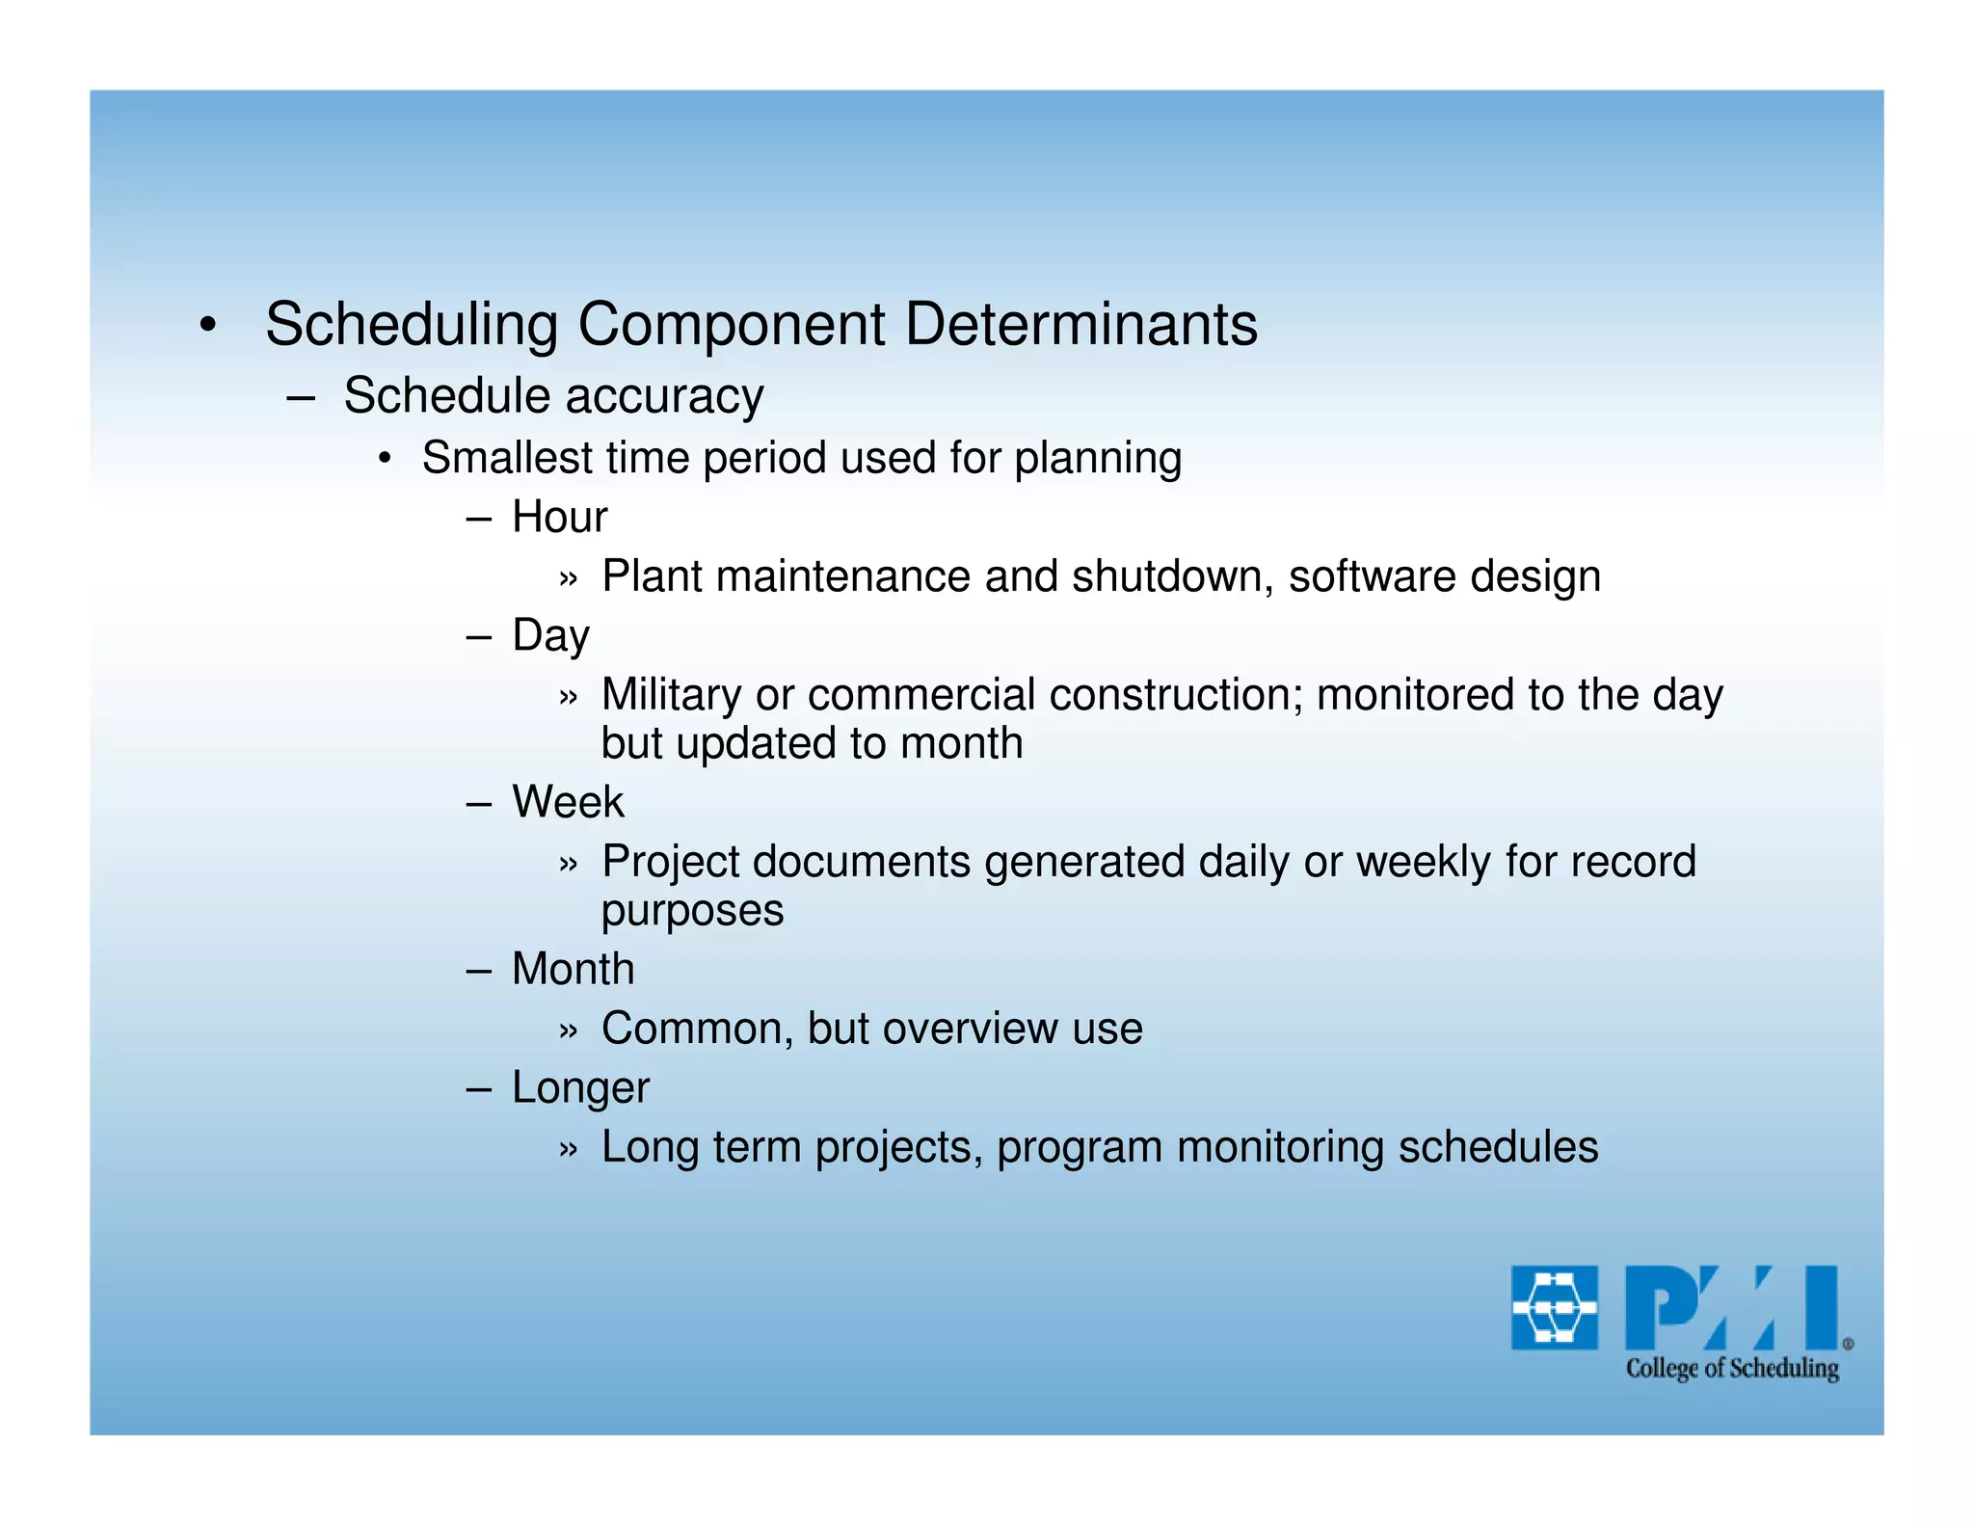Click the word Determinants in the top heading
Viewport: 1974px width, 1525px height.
pyautogui.click(x=1080, y=324)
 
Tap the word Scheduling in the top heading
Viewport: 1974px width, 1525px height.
pyautogui.click(x=412, y=326)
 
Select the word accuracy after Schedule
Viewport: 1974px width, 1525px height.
pyautogui.click(x=664, y=397)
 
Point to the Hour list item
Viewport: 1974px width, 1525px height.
pyautogui.click(x=559, y=518)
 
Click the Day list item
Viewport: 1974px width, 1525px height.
pyautogui.click(x=550, y=636)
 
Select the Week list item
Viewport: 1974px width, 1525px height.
pyautogui.click(x=568, y=802)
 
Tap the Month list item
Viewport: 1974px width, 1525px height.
pyautogui.click(x=573, y=969)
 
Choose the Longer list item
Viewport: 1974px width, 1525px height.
pyautogui.click(x=580, y=1088)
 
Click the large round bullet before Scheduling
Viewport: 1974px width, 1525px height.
pyautogui.click(x=207, y=326)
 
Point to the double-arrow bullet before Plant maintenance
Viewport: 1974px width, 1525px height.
pyautogui.click(x=568, y=578)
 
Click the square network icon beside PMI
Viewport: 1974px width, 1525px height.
pyautogui.click(x=1554, y=1308)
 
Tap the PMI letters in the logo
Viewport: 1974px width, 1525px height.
pyautogui.click(x=1733, y=1308)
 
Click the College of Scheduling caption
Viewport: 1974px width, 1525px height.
pyautogui.click(x=1732, y=1369)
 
